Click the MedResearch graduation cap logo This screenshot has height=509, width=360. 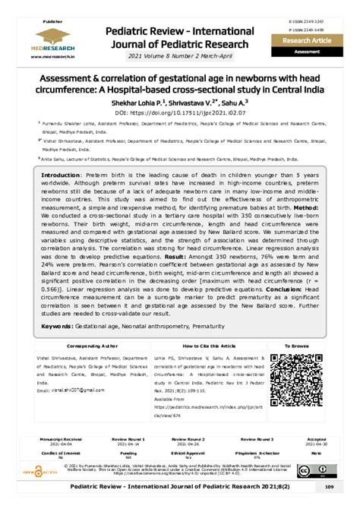(47, 34)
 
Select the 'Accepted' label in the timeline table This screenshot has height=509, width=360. (316, 439)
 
